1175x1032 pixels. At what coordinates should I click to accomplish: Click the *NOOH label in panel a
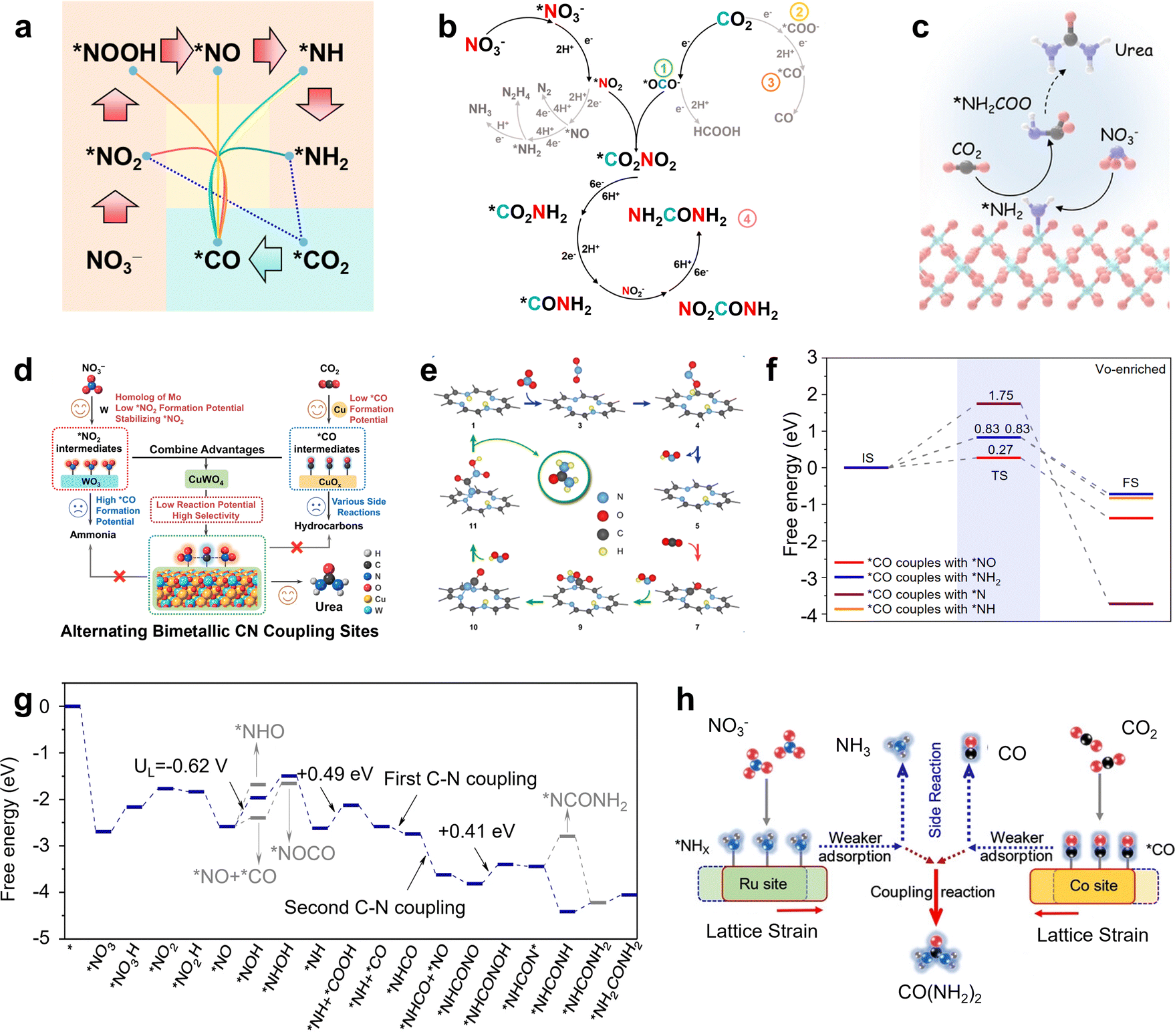tap(114, 53)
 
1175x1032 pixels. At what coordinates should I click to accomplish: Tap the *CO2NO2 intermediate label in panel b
tap(636, 160)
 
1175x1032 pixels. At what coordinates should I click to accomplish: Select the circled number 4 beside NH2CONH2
tap(747, 218)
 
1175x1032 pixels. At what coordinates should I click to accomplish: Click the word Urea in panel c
tap(1134, 50)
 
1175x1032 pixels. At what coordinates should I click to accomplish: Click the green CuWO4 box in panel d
tap(207, 479)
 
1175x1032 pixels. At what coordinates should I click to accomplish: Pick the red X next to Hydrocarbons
tap(297, 547)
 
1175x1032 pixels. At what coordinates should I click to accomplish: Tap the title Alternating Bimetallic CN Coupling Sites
tap(219, 631)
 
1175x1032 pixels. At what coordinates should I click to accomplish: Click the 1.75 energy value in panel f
tap(1001, 395)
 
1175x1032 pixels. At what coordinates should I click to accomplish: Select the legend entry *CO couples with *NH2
tap(933, 577)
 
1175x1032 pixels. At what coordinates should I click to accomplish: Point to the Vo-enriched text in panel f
tap(1130, 369)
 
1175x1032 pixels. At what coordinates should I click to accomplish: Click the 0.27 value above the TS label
tap(1000, 450)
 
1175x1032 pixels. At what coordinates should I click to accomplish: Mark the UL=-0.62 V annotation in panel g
tap(180, 766)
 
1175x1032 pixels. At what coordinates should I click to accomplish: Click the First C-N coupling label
tap(460, 779)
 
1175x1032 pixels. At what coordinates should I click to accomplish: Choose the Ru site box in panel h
tap(763, 884)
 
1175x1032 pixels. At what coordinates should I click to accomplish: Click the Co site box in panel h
tap(1093, 886)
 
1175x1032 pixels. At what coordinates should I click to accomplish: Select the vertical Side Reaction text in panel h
tap(935, 789)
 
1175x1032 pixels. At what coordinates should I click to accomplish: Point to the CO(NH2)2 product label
tap(939, 993)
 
